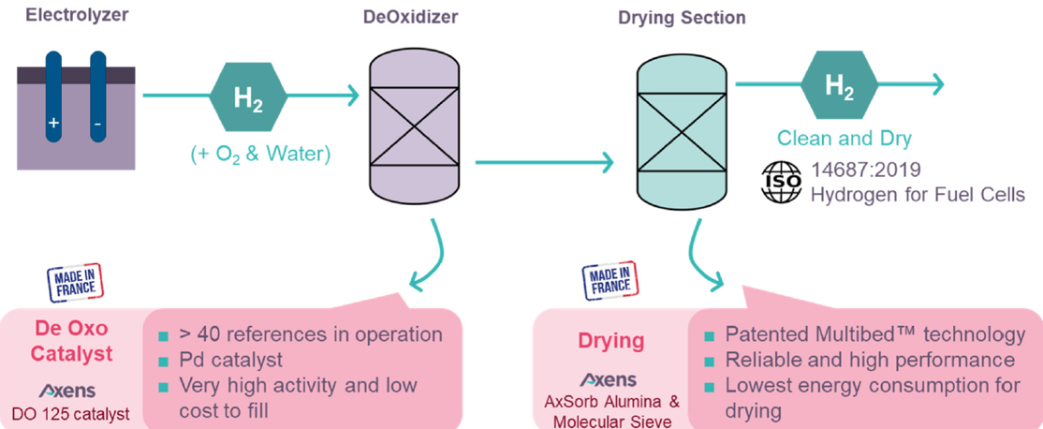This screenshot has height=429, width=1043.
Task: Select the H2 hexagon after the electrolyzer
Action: tap(248, 96)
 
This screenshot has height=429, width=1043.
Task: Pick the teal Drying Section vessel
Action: tap(681, 127)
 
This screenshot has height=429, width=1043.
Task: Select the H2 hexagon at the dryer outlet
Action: tap(838, 87)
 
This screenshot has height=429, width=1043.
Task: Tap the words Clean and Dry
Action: tap(845, 139)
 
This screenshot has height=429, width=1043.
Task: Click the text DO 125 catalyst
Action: tap(72, 413)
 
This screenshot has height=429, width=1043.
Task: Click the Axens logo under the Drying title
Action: tap(610, 380)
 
